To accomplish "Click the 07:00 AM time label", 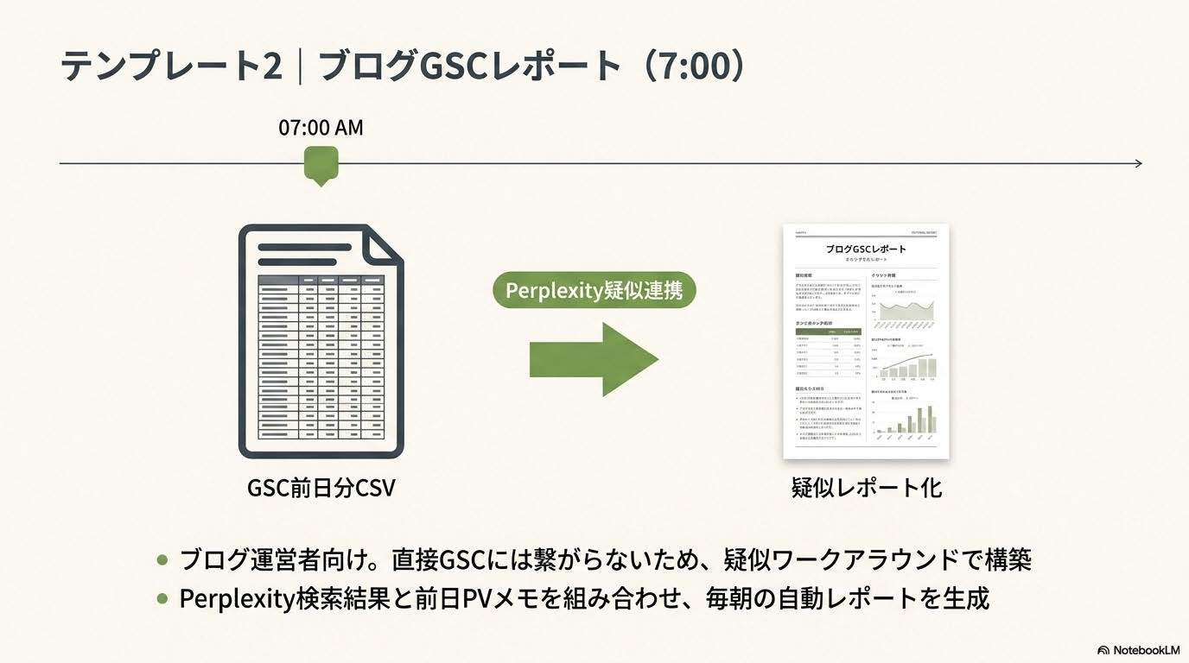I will (x=321, y=128).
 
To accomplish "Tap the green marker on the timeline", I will (x=321, y=164).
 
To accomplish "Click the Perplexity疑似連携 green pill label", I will (x=594, y=290).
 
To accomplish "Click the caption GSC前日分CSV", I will (x=321, y=488).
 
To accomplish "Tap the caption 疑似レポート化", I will (x=866, y=488).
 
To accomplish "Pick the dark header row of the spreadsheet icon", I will (x=321, y=281).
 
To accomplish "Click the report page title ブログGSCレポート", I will (x=866, y=249).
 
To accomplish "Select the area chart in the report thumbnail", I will (x=903, y=311).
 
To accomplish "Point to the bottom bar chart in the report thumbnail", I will (x=903, y=420).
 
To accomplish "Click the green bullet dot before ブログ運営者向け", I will (x=162, y=559).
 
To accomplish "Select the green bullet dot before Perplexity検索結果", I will (x=162, y=598).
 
